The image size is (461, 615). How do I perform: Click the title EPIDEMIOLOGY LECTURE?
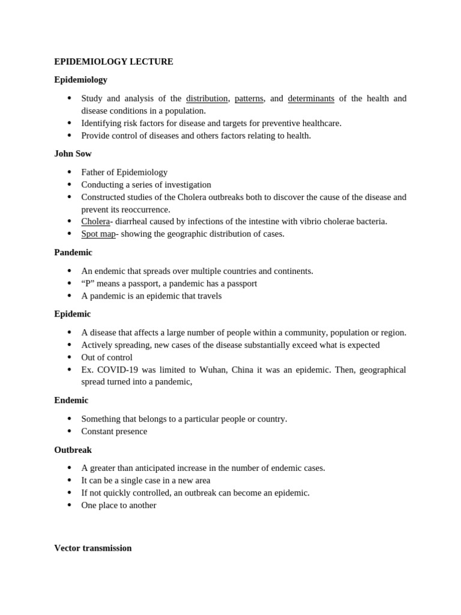pyautogui.click(x=113, y=62)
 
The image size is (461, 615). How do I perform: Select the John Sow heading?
pyautogui.click(x=73, y=154)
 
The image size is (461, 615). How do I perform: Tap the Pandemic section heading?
pyautogui.click(x=73, y=252)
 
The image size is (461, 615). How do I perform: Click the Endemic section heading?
pyautogui.click(x=71, y=400)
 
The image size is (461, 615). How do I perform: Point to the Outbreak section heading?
pyautogui.click(x=73, y=449)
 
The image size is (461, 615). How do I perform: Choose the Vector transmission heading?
pyautogui.click(x=92, y=548)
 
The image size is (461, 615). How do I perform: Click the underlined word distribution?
pyautogui.click(x=206, y=98)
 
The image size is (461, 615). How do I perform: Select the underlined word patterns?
pyautogui.click(x=249, y=98)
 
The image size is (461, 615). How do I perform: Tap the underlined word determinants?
pyautogui.click(x=311, y=98)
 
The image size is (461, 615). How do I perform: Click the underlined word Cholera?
pyautogui.click(x=95, y=222)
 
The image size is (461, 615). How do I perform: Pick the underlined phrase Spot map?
pyautogui.click(x=98, y=234)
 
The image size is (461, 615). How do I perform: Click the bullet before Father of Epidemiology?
pyautogui.click(x=70, y=172)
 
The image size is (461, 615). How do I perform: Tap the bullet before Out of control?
pyautogui.click(x=70, y=357)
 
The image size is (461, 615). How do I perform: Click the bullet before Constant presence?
pyautogui.click(x=70, y=431)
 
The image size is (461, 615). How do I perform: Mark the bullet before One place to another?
pyautogui.click(x=70, y=505)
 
